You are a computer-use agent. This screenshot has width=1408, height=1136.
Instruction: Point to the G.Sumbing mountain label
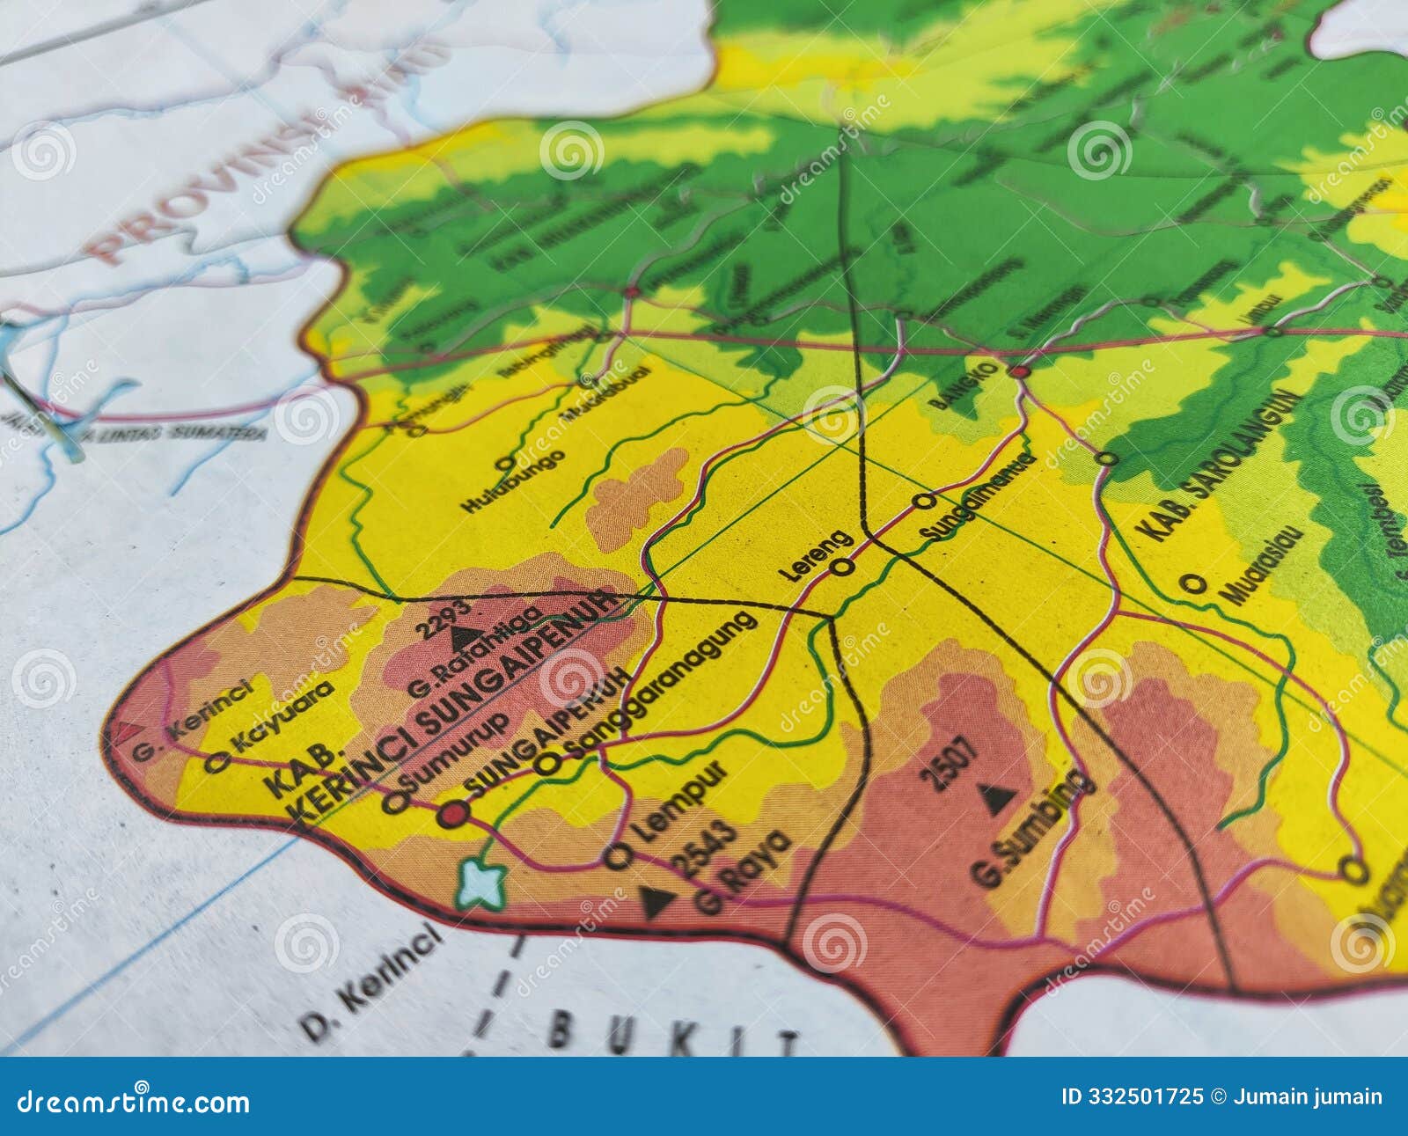point(1033,827)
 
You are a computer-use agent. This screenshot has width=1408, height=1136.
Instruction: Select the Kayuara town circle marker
point(216,763)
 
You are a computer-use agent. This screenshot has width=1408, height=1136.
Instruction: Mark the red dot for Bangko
point(1020,373)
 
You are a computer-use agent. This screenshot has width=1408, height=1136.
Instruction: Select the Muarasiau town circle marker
point(1193,583)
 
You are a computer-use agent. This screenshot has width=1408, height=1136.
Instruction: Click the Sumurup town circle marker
point(395,802)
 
